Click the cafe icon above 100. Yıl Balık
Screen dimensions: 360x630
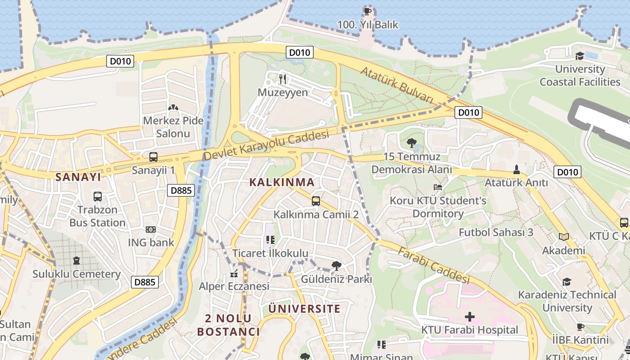click(367, 11)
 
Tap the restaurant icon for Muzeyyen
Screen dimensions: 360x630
click(283, 79)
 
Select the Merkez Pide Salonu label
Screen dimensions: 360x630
click(173, 127)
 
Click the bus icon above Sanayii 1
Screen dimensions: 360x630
click(153, 157)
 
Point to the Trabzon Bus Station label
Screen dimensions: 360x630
click(97, 216)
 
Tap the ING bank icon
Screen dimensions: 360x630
click(151, 229)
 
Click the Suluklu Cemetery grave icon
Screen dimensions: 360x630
click(76, 261)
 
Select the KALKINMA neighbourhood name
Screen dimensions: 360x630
click(282, 182)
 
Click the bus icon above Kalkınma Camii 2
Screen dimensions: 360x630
click(316, 201)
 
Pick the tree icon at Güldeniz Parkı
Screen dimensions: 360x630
click(336, 266)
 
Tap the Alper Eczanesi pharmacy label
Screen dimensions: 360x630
click(234, 286)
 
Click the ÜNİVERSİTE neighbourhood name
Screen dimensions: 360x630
click(304, 309)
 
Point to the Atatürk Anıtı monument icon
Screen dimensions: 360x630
click(516, 170)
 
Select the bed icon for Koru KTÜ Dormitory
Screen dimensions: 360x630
click(438, 187)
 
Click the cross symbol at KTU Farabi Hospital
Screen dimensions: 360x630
click(469, 317)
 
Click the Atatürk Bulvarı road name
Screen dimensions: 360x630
click(396, 85)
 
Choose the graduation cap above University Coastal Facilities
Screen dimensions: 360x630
click(580, 56)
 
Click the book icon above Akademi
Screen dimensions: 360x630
click(563, 237)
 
